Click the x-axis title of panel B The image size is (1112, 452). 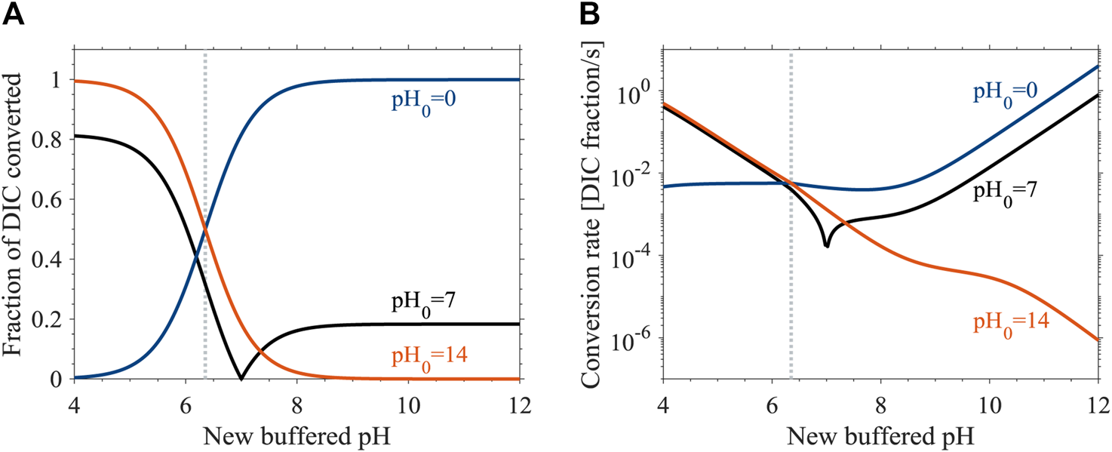[880, 434]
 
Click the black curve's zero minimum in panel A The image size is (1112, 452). [241, 378]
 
